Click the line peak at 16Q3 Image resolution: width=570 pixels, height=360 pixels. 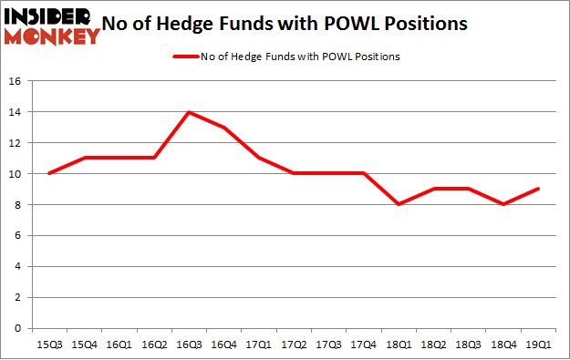pyautogui.click(x=189, y=112)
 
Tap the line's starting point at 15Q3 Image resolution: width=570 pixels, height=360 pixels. pyautogui.click(x=49, y=173)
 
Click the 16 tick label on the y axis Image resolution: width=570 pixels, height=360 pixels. pyautogui.click(x=16, y=81)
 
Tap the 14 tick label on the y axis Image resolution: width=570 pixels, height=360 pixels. pyautogui.click(x=16, y=112)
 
